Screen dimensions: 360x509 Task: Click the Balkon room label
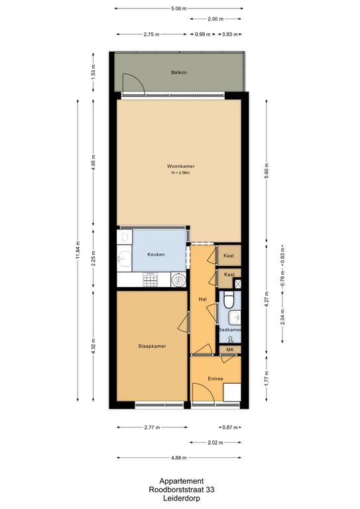[179, 72]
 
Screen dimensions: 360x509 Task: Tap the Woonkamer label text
[181, 166]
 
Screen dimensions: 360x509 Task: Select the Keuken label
[156, 254]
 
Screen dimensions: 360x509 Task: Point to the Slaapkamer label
[152, 346]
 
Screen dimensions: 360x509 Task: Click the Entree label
[215, 378]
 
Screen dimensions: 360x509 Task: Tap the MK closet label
[230, 350]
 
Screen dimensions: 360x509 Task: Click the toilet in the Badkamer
[229, 300]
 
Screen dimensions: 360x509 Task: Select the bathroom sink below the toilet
[235, 318]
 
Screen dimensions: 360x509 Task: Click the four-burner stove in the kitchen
[150, 280]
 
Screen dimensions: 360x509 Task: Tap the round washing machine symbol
[178, 280]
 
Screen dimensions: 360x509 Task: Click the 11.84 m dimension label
[78, 250]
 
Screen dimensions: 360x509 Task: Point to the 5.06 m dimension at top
[179, 9]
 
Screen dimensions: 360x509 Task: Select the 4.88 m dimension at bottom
[179, 458]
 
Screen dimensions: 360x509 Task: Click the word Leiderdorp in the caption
[182, 498]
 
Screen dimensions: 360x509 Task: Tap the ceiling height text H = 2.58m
[181, 173]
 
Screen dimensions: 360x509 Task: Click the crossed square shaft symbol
[238, 284]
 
